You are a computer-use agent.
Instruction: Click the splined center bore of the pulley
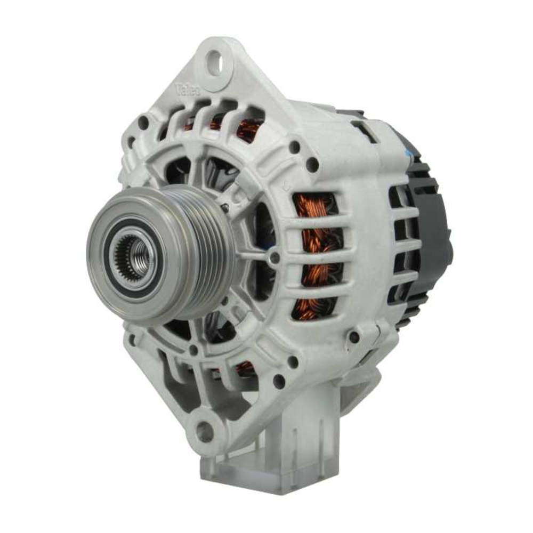[134, 255]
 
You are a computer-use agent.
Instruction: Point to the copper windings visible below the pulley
[245, 367]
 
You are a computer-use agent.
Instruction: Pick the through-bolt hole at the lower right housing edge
[353, 337]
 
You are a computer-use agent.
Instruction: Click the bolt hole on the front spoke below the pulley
[193, 350]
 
